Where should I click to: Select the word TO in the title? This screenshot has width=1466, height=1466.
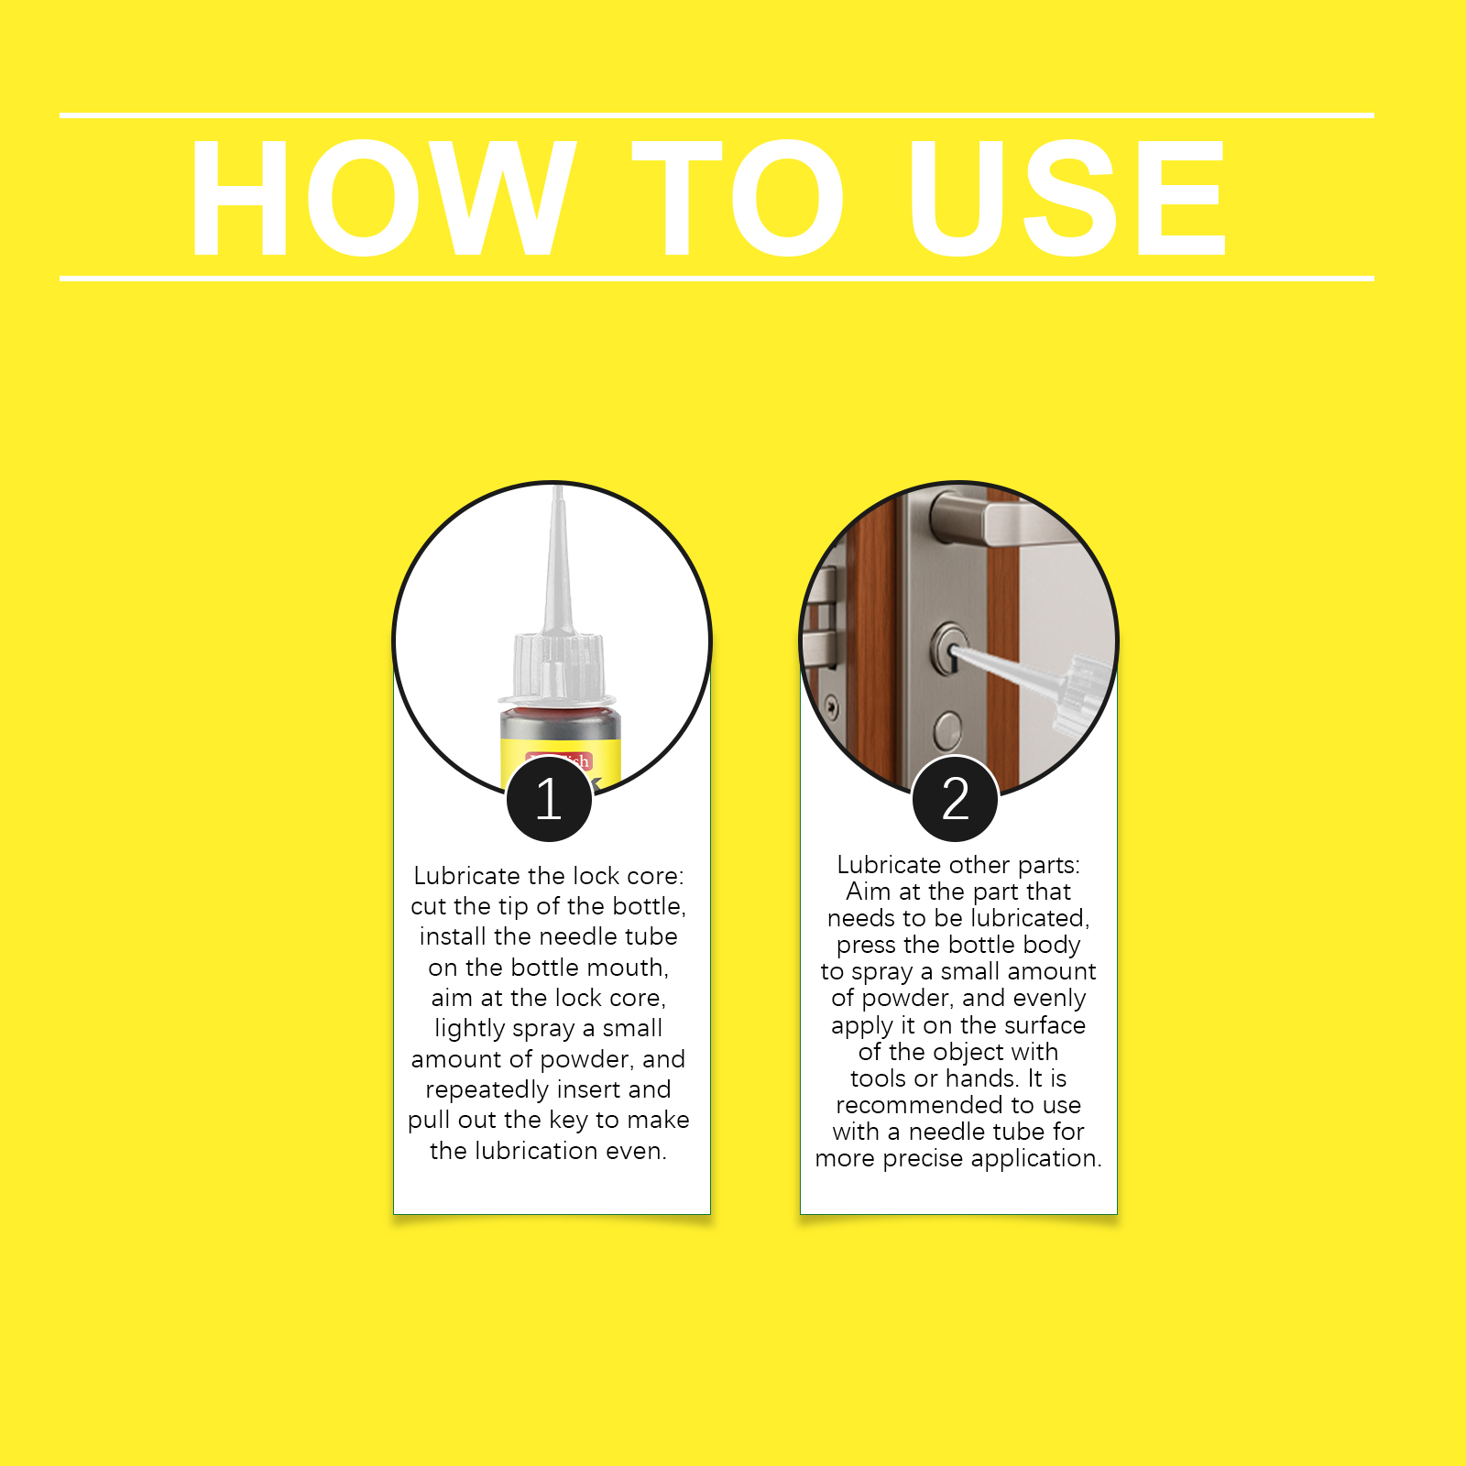738,198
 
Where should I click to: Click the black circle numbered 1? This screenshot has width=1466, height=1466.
549,798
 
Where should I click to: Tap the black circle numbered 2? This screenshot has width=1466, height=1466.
956,798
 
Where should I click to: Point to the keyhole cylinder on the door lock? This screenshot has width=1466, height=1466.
950,648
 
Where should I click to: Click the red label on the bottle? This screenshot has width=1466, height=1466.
559,761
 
